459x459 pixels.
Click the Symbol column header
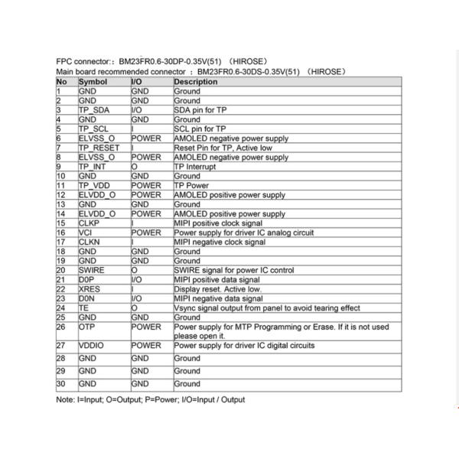point(93,81)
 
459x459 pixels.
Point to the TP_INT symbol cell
point(94,166)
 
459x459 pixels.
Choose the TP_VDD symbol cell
point(96,185)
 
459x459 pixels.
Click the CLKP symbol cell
point(90,223)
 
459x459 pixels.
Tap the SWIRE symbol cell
point(93,270)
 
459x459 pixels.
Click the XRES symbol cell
point(90,289)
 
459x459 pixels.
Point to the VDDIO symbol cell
point(92,346)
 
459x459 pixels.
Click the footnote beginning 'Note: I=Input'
point(151,400)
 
